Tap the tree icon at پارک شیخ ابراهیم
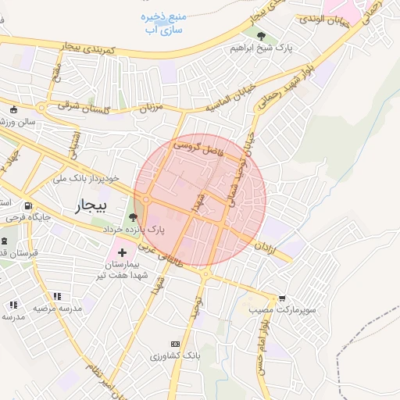click(262, 36)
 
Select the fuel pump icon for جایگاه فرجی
click(29, 205)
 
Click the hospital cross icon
click(122, 252)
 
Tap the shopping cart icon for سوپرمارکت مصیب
click(282, 298)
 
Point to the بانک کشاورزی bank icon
click(175, 344)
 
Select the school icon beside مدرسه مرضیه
click(57, 296)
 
